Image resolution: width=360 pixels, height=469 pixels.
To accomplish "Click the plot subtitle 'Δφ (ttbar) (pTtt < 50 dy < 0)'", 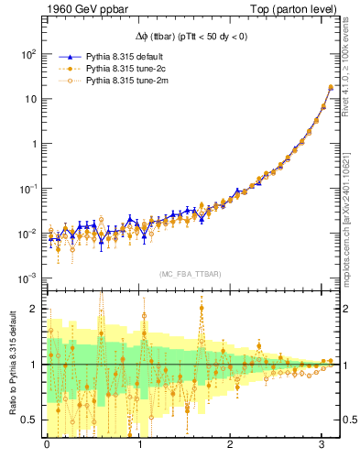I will point(190,35).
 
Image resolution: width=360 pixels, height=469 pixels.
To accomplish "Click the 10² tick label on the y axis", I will point(27,54).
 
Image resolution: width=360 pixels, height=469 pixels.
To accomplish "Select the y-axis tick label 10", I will point(28,99).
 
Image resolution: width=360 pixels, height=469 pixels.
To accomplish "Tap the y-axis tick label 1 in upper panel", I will point(32,144).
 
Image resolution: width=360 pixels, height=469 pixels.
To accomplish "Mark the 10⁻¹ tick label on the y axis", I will point(26,188).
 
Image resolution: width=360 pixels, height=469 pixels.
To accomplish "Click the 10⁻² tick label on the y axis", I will point(26,233).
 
